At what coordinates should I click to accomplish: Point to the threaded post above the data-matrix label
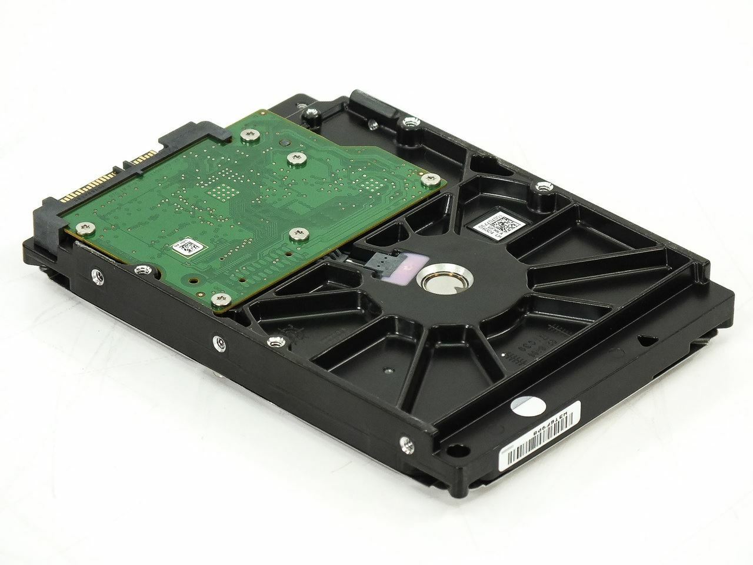tap(542, 188)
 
